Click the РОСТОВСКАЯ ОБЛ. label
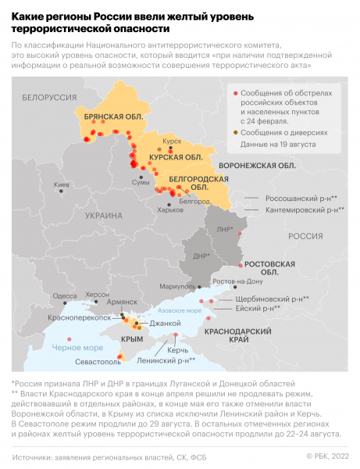269,268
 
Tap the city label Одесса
64,295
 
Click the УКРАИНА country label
103,216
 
